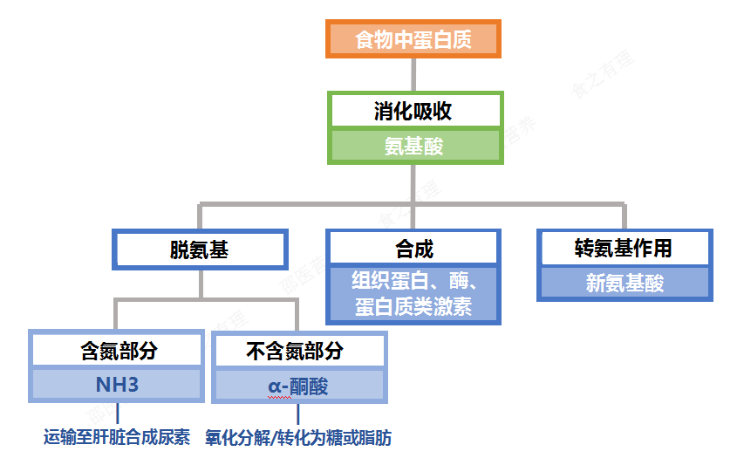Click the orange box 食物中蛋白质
[413, 39]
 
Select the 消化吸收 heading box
[414, 112]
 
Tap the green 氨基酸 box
[414, 147]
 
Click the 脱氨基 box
[200, 250]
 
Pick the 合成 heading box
[413, 250]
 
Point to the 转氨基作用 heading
[625, 249]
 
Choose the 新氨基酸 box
[625, 283]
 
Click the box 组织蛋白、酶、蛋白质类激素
[413, 294]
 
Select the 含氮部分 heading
[118, 351]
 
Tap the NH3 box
[118, 385]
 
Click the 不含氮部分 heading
[298, 351]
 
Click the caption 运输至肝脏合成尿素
[117, 438]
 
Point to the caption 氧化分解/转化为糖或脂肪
[298, 438]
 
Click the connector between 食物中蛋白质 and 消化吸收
[413, 74]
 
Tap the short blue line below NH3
[118, 414]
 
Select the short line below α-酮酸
[298, 414]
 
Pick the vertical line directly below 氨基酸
[413, 183]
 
